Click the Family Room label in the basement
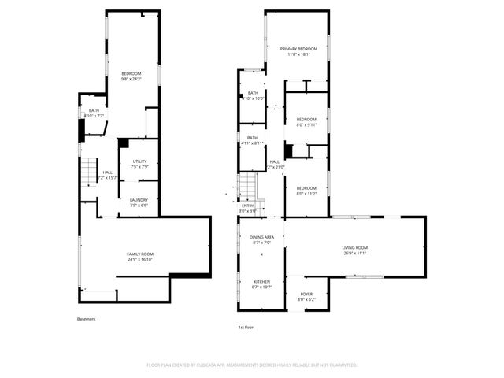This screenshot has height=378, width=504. pos(139,254)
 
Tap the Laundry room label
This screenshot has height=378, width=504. pos(139,200)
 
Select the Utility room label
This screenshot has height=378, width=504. pos(139,162)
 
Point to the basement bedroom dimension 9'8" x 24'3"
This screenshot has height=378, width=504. pos(131,78)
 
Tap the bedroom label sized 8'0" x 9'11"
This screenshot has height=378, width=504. pos(306,120)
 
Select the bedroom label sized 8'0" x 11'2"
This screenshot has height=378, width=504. pos(306,187)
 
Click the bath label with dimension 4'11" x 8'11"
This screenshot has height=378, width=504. pos(254,138)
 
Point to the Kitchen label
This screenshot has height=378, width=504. pos(261,281)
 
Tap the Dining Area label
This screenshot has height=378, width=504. pos(262,237)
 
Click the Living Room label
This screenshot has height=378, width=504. pos(355,248)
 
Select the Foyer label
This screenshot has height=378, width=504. pos(306,295)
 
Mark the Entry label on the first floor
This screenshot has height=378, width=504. pos(248,206)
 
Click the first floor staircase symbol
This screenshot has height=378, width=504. pos(248,187)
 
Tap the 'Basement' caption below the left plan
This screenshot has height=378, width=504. pos(87,319)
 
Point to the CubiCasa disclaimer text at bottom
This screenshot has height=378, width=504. pos(252,365)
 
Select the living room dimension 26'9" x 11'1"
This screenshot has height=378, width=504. pos(355,254)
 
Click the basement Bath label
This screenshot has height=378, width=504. pos(94,110)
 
